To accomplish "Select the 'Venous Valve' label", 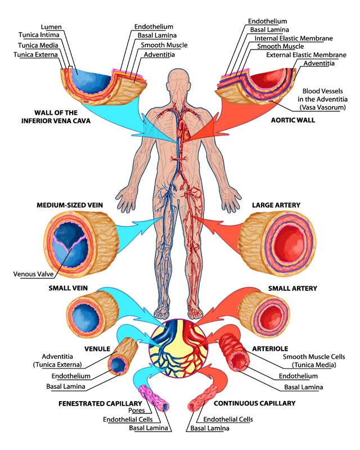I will [33, 274].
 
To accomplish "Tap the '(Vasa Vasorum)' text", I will [317, 106].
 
